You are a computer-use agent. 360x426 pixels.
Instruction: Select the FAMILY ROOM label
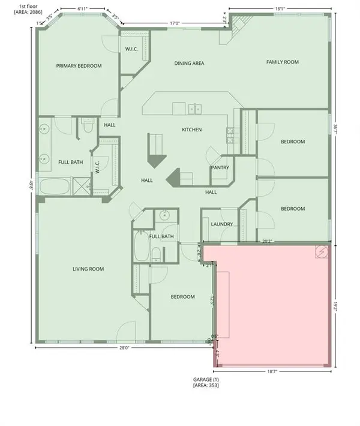click(283, 62)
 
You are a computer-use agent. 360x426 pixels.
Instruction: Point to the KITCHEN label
click(192, 130)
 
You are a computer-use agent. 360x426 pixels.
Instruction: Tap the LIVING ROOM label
click(88, 269)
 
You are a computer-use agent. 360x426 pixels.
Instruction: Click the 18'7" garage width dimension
click(273, 372)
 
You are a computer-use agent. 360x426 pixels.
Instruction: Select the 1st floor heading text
click(13, 6)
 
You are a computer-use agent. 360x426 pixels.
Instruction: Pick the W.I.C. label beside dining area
click(133, 49)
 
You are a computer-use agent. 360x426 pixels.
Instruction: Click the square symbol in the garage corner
click(322, 253)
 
